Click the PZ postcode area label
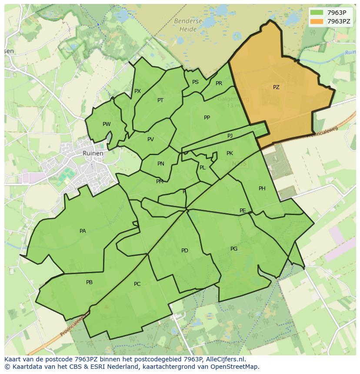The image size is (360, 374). coord(276,87)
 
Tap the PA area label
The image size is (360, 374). coord(83,231)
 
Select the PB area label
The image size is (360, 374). coord(89,282)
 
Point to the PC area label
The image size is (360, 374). coord(137,284)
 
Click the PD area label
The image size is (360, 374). coord(185,251)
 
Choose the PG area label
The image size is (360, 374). coord(234,249)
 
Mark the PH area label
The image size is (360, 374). coord(262,189)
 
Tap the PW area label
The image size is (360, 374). coord(107,124)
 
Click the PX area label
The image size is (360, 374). coord(137,91)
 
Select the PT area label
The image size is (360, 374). coord(160,100)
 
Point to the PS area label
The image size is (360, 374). coord(195,82)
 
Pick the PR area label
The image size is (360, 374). coord(219,83)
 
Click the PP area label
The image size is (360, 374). coord(207,118)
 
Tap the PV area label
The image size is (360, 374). coord(150,139)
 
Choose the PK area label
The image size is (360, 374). coord(230,153)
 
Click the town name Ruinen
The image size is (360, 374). coord(93,153)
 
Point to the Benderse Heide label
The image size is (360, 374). coord(188,25)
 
